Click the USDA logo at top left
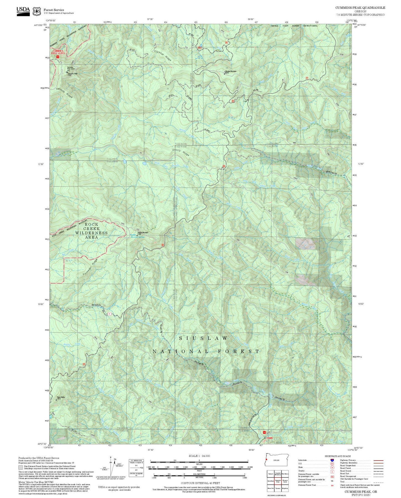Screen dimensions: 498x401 point(23,11)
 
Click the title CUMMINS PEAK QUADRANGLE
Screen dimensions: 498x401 point(360,8)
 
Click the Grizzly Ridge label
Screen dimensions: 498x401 point(181,152)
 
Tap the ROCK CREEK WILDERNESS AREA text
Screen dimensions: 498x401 point(91,231)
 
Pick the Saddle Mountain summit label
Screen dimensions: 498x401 point(143,233)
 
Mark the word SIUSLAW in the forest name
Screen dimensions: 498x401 point(203,338)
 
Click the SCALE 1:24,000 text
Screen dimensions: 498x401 point(199,456)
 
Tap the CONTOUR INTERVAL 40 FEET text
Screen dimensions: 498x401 point(200,483)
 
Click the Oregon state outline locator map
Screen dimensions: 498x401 point(276,460)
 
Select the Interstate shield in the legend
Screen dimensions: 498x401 point(332,460)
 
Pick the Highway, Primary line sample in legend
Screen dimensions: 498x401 point(378,460)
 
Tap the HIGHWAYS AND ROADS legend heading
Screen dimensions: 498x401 point(338,456)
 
